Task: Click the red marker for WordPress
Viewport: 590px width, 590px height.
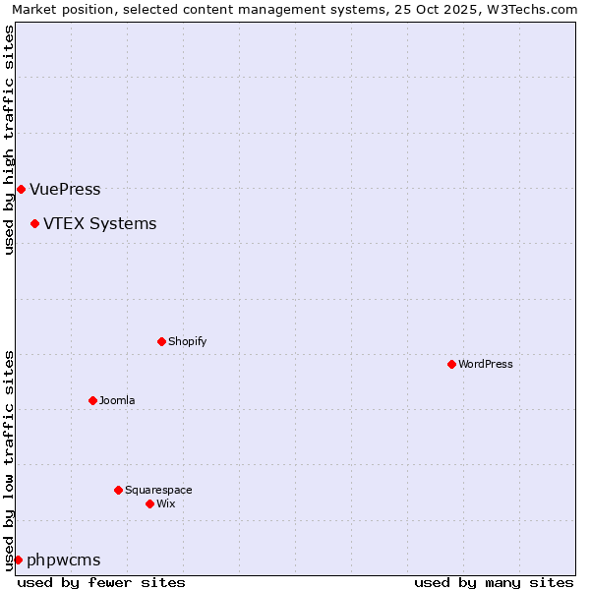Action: pos(451,364)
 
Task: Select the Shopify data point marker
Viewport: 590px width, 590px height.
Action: pos(161,341)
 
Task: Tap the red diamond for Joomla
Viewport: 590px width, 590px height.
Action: pos(92,400)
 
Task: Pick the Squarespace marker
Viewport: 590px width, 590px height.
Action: pos(118,490)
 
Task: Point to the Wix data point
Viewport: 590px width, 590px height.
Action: pos(149,503)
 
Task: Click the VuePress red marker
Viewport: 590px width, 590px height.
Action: pos(21,189)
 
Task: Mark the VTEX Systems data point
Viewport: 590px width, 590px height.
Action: pos(34,223)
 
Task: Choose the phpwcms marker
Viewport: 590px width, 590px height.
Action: pos(18,560)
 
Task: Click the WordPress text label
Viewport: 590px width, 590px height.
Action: pos(486,364)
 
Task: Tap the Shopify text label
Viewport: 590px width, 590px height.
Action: pos(187,341)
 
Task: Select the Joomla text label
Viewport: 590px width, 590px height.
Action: pos(117,400)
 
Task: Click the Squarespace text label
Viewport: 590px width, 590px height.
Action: pos(158,490)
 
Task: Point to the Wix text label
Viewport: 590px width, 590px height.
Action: pos(165,503)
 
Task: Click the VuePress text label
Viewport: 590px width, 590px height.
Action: pos(65,189)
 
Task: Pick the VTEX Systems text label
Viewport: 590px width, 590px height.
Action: pos(99,223)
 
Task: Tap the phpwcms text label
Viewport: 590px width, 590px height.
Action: pos(63,560)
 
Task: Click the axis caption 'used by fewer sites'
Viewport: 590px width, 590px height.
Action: pos(101,582)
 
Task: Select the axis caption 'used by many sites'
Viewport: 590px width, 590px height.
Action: pos(494,582)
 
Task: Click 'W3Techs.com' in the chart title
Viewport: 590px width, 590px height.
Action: pos(534,10)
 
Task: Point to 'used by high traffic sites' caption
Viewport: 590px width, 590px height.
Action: pos(10,140)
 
